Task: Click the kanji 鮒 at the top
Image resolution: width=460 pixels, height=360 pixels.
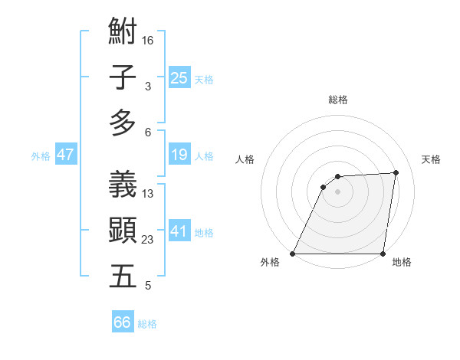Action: click(x=123, y=33)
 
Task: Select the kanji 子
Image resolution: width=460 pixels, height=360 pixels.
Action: click(x=123, y=78)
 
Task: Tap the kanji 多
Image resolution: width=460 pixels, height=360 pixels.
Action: click(x=123, y=123)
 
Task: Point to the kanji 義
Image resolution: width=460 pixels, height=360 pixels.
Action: click(x=123, y=185)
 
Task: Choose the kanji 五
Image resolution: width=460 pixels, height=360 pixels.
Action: click(x=123, y=276)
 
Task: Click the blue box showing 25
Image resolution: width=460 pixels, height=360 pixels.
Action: click(x=179, y=77)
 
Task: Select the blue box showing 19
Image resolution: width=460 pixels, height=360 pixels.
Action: click(x=179, y=155)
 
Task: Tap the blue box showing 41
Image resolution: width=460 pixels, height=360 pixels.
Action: click(x=179, y=231)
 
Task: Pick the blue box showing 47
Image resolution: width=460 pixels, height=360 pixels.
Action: click(x=66, y=155)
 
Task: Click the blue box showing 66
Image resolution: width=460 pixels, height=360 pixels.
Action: click(x=123, y=322)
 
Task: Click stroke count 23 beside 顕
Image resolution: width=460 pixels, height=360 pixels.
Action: click(x=148, y=240)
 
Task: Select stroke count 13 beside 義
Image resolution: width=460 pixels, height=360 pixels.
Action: click(x=148, y=194)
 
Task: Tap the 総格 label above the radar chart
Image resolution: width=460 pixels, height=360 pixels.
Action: click(x=337, y=100)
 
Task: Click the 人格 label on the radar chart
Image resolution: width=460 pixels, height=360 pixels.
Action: click(x=245, y=159)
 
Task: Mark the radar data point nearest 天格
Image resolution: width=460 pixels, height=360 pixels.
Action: click(x=396, y=172)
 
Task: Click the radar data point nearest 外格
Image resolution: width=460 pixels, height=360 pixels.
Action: click(x=293, y=254)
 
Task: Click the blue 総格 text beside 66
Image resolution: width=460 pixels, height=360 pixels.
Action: click(x=148, y=325)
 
